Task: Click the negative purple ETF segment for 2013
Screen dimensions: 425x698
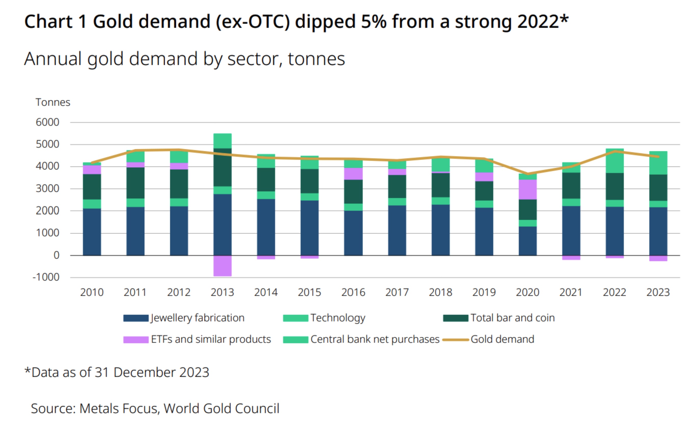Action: click(x=222, y=265)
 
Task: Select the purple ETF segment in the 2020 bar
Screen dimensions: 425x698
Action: click(x=527, y=189)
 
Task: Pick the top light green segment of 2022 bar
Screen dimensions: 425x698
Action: click(x=614, y=161)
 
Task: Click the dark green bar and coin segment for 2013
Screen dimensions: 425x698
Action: click(x=222, y=167)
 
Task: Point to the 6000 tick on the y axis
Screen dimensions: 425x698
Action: click(x=47, y=122)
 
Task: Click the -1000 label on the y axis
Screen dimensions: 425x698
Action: click(x=46, y=277)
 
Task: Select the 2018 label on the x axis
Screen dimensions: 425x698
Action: click(x=441, y=292)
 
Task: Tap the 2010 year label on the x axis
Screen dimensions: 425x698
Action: click(x=92, y=292)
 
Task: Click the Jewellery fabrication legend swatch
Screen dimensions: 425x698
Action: click(x=136, y=318)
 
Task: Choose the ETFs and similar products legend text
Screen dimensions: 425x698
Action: click(x=211, y=339)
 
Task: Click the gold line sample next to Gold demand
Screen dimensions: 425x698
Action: click(x=456, y=339)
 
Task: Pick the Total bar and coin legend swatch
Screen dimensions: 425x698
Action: click(x=456, y=318)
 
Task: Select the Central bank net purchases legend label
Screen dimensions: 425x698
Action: click(x=375, y=339)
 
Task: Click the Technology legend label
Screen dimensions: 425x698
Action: click(x=338, y=318)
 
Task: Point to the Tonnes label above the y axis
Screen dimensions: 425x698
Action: click(x=53, y=102)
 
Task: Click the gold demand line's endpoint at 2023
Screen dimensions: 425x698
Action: click(x=658, y=157)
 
